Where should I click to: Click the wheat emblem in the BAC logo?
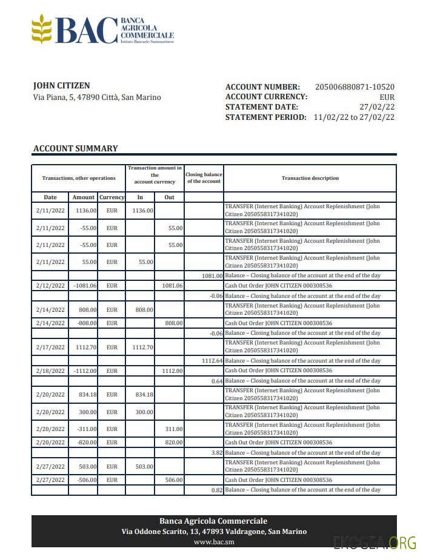click(x=42, y=30)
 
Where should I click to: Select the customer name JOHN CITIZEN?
click(x=61, y=86)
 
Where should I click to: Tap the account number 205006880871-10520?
click(x=355, y=87)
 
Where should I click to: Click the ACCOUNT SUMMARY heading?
click(x=76, y=148)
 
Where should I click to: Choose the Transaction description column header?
click(x=310, y=178)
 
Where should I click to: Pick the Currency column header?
click(x=112, y=197)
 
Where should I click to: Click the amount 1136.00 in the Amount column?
click(x=85, y=211)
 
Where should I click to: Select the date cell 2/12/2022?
click(x=50, y=286)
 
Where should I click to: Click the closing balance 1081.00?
click(x=212, y=275)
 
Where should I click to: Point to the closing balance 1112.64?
click(x=212, y=361)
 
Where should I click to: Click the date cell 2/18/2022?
click(x=50, y=371)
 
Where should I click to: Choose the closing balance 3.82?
click(x=216, y=453)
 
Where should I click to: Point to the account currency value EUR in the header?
click(x=387, y=97)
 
